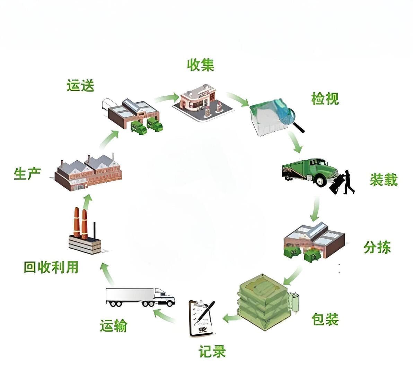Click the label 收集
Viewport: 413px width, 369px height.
click(x=201, y=65)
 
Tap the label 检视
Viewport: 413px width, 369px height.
click(x=325, y=98)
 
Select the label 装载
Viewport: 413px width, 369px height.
click(x=384, y=180)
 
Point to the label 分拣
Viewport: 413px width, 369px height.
click(x=377, y=247)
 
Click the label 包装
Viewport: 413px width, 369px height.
click(x=325, y=319)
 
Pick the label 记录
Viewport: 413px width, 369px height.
click(x=212, y=352)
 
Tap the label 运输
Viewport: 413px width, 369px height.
click(x=114, y=326)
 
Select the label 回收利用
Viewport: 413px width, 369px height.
click(x=51, y=267)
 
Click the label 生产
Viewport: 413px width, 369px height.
click(x=27, y=174)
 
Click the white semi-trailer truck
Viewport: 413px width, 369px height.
click(x=140, y=297)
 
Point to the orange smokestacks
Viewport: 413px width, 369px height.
click(x=81, y=223)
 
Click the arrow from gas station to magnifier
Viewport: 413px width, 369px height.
click(x=238, y=100)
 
